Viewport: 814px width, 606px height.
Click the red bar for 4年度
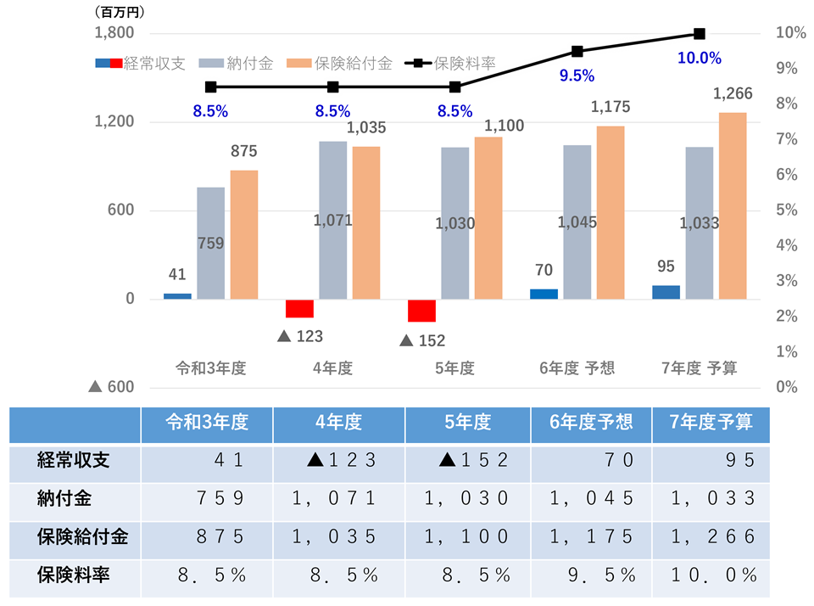(299, 308)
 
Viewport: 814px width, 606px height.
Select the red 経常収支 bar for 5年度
(421, 311)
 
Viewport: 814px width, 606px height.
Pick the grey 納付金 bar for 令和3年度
(210, 243)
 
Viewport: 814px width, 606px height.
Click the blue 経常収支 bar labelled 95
(666, 292)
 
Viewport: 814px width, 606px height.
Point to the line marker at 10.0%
(700, 34)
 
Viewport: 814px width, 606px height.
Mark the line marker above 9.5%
(577, 52)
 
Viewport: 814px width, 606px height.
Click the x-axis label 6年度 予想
(577, 368)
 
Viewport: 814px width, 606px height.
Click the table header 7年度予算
(711, 422)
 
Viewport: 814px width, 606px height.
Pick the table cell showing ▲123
(342, 461)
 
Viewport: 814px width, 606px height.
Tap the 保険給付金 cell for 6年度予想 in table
(593, 537)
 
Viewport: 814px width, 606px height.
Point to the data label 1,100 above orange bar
(504, 126)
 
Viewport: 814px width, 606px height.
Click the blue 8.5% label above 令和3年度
(210, 111)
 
